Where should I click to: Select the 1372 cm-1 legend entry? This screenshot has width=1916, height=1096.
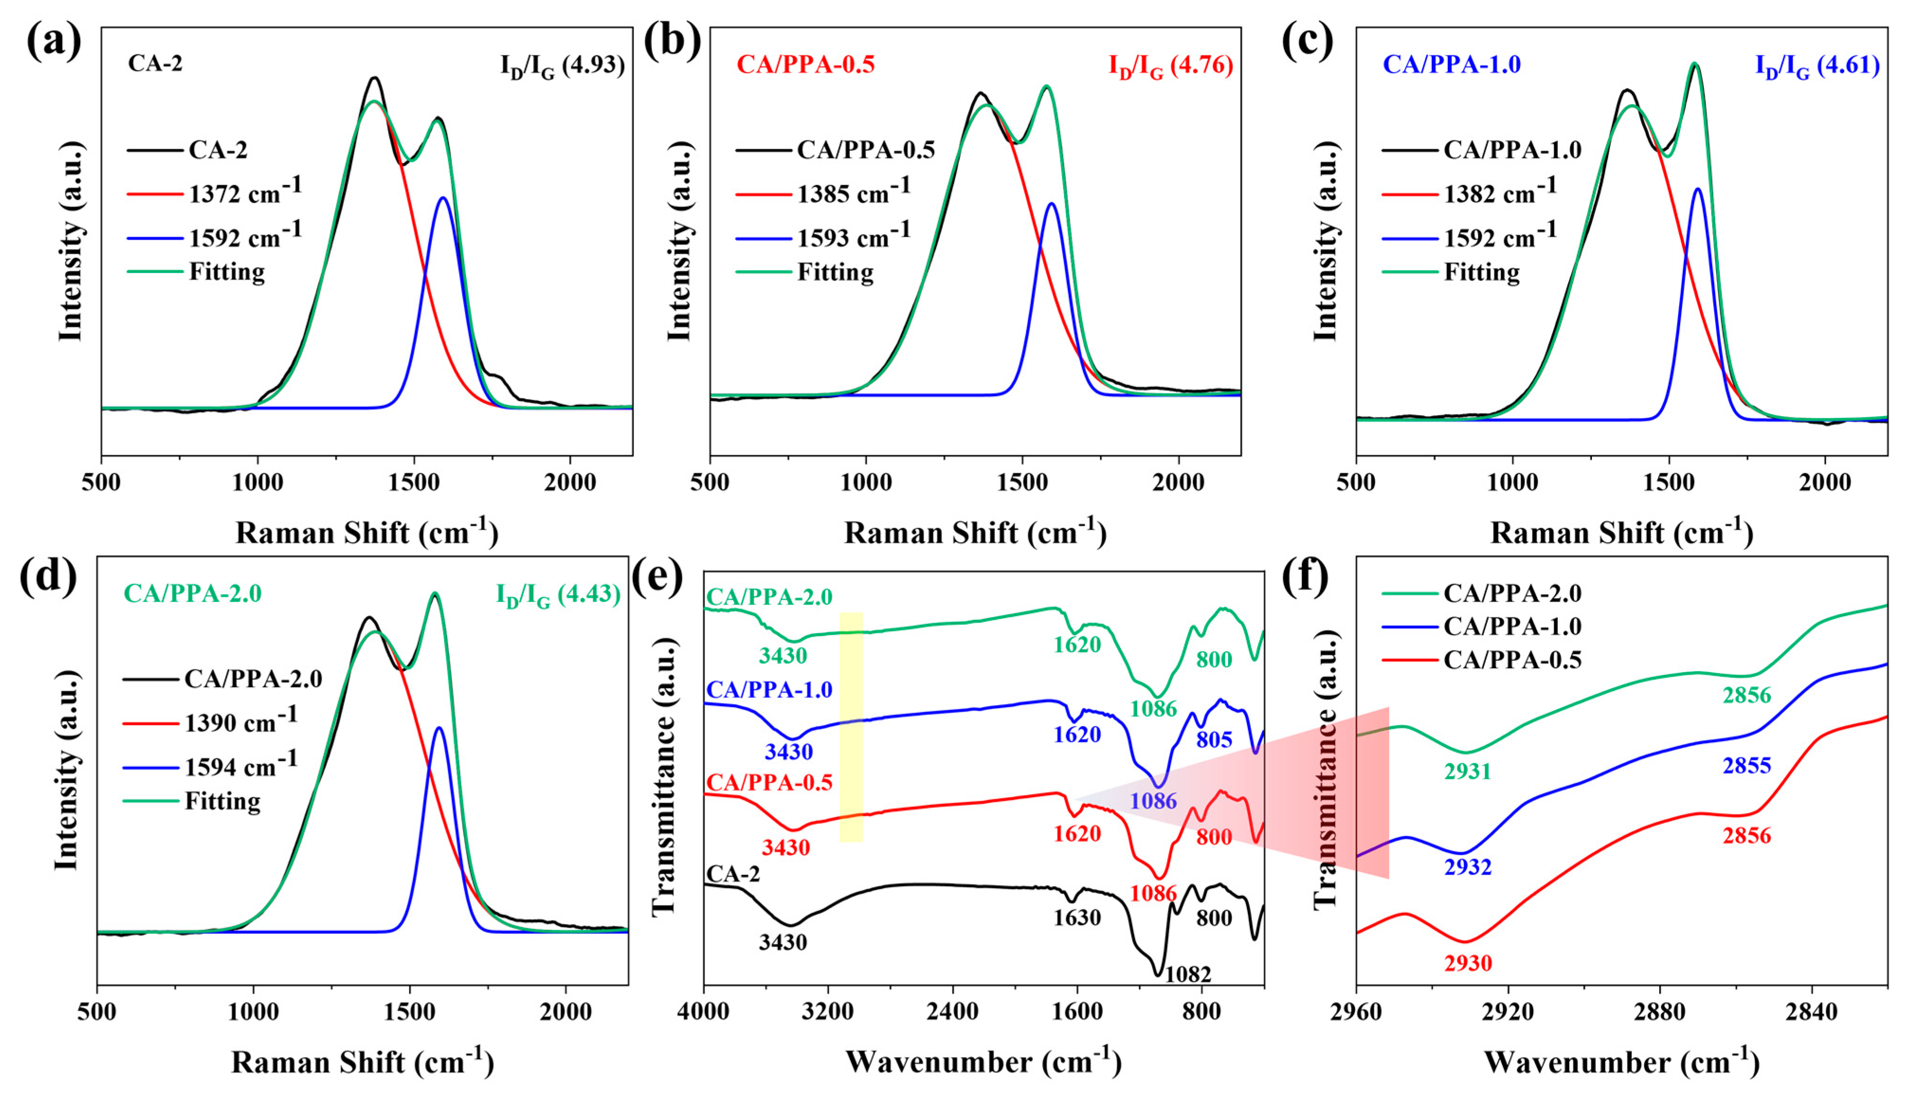click(x=244, y=193)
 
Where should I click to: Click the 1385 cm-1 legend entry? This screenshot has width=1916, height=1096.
click(x=853, y=193)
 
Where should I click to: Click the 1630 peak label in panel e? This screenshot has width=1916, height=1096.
click(x=1077, y=918)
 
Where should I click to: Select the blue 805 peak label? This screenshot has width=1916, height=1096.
click(x=1214, y=740)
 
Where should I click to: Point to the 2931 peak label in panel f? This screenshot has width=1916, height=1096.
click(x=1467, y=771)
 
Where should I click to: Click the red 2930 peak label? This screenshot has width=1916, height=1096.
click(x=1467, y=963)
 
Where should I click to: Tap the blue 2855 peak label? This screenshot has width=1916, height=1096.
click(x=1747, y=766)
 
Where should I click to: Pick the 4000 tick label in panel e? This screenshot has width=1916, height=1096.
click(x=704, y=1011)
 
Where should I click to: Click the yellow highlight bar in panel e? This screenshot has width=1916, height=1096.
click(x=851, y=726)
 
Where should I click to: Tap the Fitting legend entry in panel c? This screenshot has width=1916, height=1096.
click(x=1481, y=272)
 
